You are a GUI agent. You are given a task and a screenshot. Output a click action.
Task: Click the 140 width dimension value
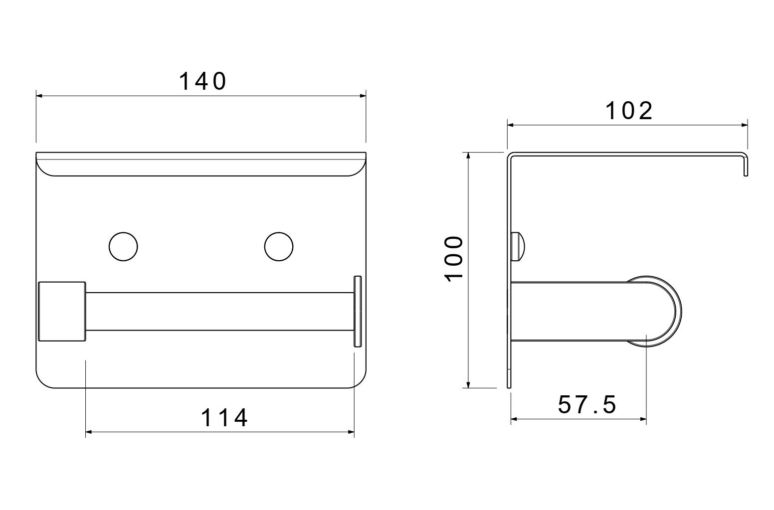[202, 82]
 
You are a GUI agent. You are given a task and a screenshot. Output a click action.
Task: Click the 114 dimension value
[224, 418]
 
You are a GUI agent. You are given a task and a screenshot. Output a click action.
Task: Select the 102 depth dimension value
[629, 111]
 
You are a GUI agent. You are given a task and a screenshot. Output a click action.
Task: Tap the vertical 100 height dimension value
[454, 259]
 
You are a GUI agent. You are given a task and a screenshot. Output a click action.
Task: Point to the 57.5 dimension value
[587, 405]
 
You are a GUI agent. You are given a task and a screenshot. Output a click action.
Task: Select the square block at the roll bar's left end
[62, 311]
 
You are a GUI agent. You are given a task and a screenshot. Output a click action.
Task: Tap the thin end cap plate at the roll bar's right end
[357, 311]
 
